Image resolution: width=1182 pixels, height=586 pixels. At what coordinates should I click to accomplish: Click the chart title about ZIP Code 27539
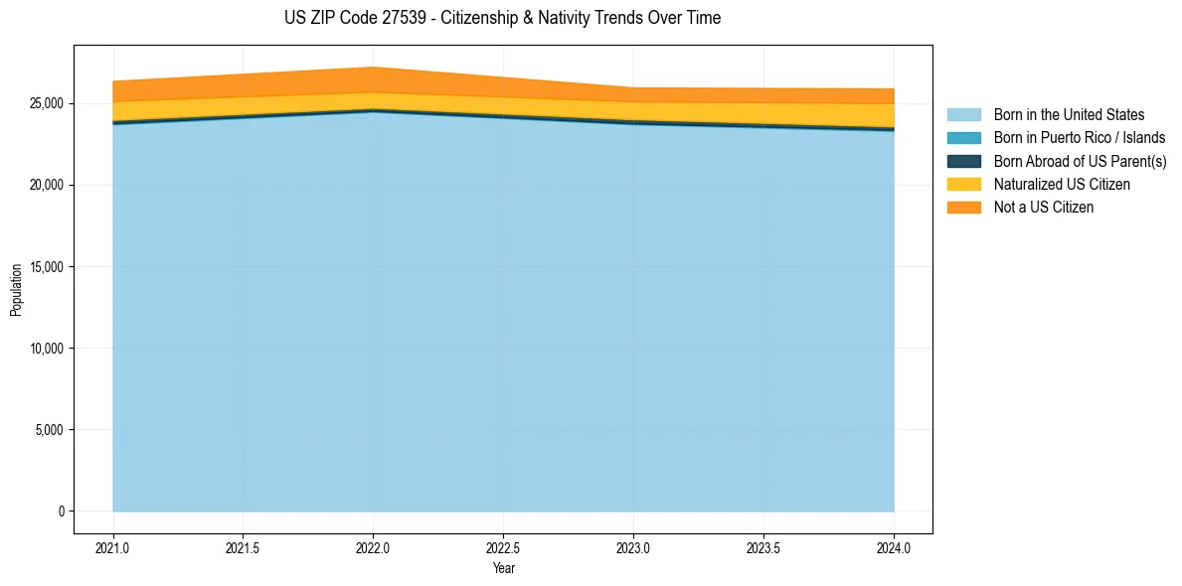coord(502,18)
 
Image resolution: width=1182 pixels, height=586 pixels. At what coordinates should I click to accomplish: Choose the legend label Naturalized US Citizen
coord(1062,184)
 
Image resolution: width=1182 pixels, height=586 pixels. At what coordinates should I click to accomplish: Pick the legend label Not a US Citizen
coord(1044,207)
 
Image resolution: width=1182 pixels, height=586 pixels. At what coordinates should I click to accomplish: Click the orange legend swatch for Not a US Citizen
coord(963,207)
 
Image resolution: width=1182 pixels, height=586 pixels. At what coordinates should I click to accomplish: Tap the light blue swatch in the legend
coord(963,115)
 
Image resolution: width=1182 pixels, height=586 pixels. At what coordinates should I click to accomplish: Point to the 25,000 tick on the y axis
coord(46,103)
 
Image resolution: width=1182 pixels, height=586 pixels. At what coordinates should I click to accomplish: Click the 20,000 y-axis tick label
coord(46,186)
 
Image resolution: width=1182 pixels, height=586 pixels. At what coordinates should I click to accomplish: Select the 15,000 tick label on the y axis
coord(46,267)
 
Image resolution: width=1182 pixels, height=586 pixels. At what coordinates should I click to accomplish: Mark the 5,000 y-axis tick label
coord(49,430)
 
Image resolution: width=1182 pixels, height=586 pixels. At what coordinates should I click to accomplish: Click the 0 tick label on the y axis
coord(61,512)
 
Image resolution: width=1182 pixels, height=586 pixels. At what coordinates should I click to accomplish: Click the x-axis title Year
coord(503,568)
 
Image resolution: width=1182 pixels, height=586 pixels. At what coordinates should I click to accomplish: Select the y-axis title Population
coord(16,290)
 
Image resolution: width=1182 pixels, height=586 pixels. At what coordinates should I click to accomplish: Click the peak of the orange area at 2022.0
coord(373,69)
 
